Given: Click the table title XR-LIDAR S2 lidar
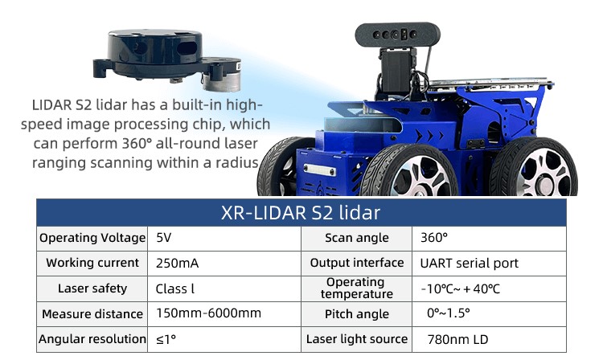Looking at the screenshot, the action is click(301, 212).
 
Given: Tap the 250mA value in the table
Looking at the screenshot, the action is click(178, 264).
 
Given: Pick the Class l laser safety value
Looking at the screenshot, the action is click(175, 288).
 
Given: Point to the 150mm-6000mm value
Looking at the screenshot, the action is click(208, 313).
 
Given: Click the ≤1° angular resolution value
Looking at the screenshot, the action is click(166, 339).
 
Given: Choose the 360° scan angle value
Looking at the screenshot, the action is click(434, 238).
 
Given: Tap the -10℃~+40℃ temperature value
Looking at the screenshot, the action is click(461, 288).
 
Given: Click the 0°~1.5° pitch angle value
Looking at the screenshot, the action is click(449, 313).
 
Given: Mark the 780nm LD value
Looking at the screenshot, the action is click(457, 339).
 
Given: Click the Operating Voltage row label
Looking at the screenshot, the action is click(92, 238).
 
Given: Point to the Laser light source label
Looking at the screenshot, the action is click(356, 339).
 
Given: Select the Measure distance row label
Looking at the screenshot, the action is click(92, 314).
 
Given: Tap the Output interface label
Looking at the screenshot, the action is click(357, 263).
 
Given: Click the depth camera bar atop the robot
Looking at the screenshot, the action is click(397, 35).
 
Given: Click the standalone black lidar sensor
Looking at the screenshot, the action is click(167, 59).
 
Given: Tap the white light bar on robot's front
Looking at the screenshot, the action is click(319, 170).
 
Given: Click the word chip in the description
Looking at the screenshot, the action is click(209, 125).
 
